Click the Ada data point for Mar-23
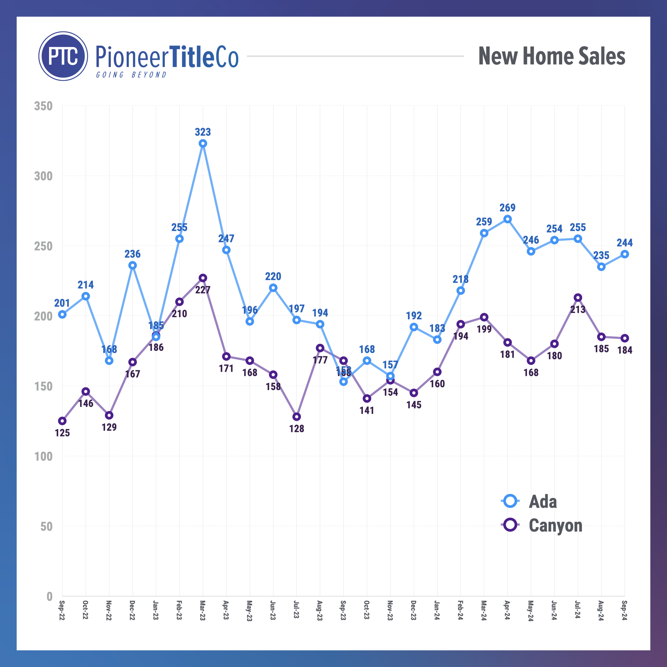coord(203,143)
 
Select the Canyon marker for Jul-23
coord(297,417)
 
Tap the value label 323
coord(203,132)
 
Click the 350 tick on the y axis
coord(43,106)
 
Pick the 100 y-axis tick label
coord(43,456)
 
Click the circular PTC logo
coord(63,56)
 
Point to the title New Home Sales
coord(552,56)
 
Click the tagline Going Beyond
coord(131,75)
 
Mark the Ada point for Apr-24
coord(507,219)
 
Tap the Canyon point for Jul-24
coord(578,297)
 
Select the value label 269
coord(507,208)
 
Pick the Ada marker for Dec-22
coord(133,265)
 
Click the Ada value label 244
coord(625,243)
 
